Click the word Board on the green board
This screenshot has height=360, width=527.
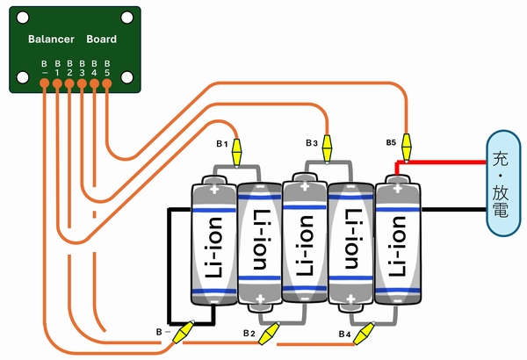coord(101,40)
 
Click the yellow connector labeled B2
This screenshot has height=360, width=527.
coord(270,334)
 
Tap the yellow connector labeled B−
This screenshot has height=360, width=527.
coord(184,334)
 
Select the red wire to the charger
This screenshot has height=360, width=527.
coord(444,162)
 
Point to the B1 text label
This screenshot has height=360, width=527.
coord(222,142)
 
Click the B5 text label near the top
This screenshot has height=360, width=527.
coord(391,141)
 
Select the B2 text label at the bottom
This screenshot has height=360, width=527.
coord(249,335)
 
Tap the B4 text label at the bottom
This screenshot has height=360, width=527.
coord(344,335)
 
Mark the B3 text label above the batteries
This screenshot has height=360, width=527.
coord(312,142)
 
